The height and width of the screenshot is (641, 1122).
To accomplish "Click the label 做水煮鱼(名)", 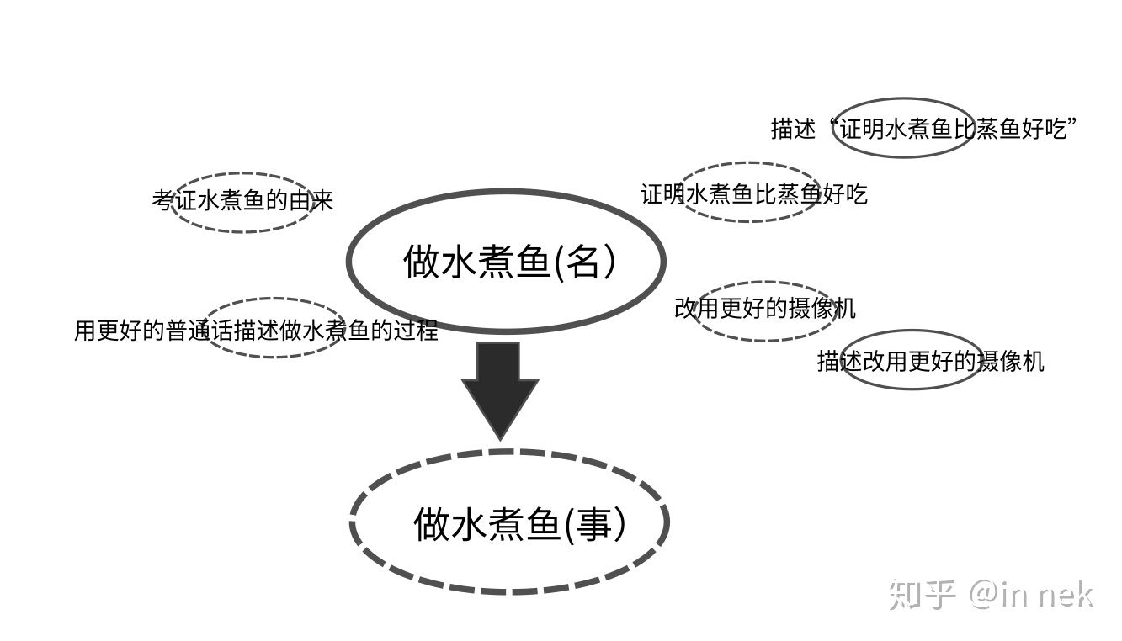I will (510, 262).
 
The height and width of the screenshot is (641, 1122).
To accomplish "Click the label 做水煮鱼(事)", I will (519, 524).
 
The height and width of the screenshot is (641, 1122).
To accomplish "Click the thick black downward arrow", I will (500, 388).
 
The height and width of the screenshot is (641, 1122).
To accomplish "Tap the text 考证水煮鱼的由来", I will (243, 200).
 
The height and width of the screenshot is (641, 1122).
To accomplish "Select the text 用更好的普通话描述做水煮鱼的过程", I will (256, 330).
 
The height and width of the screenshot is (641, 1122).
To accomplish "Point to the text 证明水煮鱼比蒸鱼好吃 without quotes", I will (753, 194).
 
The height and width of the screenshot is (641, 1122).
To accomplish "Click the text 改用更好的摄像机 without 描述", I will (764, 308).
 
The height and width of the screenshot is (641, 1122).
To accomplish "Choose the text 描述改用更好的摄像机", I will (930, 361).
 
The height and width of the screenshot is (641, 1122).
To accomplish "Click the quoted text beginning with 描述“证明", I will (925, 129).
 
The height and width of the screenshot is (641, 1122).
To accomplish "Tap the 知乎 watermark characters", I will (923, 594).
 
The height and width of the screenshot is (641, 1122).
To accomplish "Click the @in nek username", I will (1031, 594).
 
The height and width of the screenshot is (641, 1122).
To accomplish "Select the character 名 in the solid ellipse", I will (583, 262).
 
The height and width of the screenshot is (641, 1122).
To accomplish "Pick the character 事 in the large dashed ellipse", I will (593, 524).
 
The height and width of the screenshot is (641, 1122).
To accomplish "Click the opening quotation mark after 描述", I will (834, 123).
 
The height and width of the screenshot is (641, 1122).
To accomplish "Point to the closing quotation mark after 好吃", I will (1073, 123).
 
